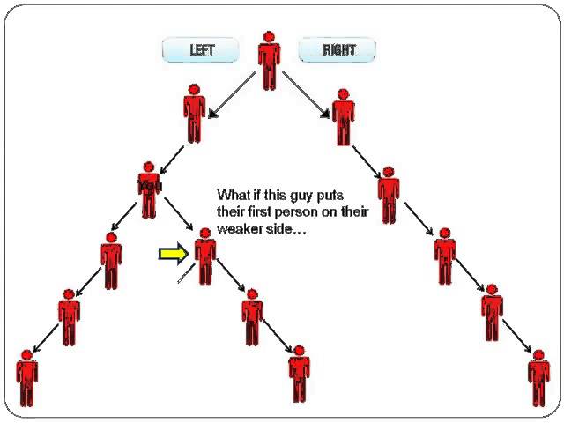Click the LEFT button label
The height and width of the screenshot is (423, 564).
pyautogui.click(x=202, y=50)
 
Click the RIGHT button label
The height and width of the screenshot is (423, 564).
pyautogui.click(x=338, y=50)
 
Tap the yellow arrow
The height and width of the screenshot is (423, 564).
pyautogui.click(x=173, y=255)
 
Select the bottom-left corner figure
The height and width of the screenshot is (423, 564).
pyautogui.click(x=27, y=378)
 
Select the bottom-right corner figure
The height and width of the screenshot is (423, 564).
pyautogui.click(x=538, y=378)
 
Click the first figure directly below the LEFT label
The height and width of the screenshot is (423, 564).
pyautogui.click(x=195, y=112)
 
